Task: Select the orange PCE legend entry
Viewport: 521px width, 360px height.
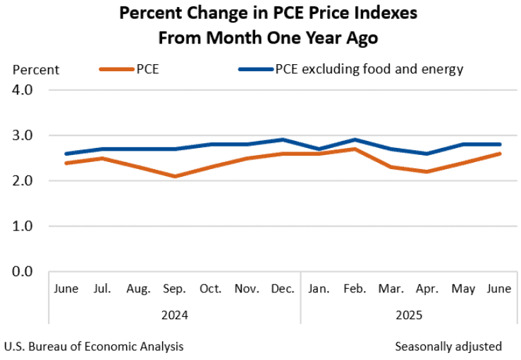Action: [129, 70]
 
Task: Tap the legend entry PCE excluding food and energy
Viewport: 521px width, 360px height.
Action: [351, 70]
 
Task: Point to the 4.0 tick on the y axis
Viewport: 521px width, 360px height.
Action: [23, 89]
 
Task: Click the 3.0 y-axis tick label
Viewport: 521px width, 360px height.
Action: [23, 135]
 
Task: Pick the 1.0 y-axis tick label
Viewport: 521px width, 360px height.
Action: [23, 226]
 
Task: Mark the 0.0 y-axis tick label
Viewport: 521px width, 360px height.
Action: [23, 271]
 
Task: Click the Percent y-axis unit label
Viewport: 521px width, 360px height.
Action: [36, 70]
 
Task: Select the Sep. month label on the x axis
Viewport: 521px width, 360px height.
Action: [174, 289]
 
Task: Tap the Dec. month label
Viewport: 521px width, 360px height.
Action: [283, 289]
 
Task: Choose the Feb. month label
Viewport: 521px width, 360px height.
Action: [355, 289]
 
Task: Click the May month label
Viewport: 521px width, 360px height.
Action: [463, 289]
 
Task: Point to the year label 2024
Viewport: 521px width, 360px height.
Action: [175, 315]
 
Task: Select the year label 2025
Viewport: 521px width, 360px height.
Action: [409, 315]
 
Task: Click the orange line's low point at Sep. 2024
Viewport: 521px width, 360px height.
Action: [175, 176]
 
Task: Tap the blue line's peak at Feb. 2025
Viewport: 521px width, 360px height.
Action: [355, 139]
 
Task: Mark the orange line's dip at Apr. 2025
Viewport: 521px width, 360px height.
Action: [427, 172]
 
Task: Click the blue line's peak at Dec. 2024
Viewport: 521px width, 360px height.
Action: [283, 139]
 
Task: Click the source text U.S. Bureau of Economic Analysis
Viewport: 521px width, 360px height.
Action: [94, 347]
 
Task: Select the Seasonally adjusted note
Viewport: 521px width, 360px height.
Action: [448, 347]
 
